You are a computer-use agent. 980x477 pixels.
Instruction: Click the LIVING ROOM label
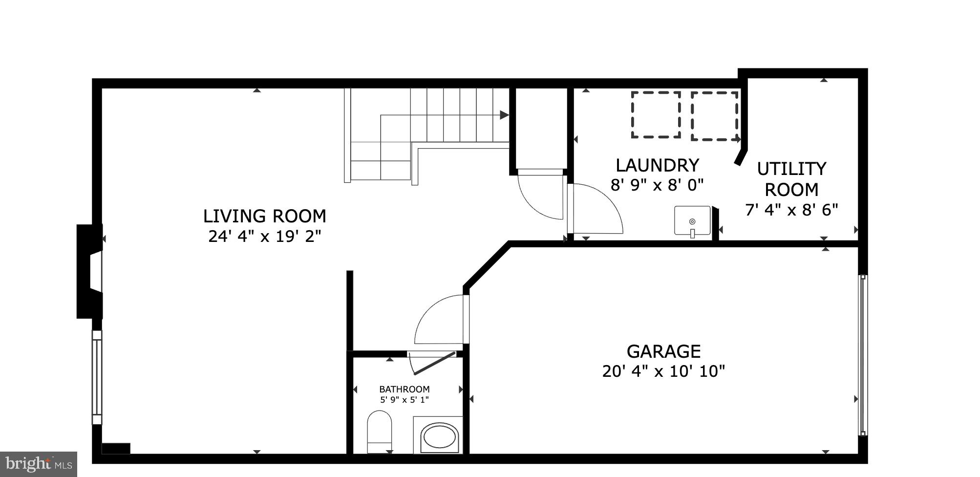pyautogui.click(x=264, y=216)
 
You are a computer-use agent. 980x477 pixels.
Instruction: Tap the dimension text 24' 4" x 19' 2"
pyautogui.click(x=264, y=237)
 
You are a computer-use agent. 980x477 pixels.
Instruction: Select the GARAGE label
pyautogui.click(x=663, y=351)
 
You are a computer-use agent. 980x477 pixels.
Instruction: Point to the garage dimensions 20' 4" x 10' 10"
pyautogui.click(x=663, y=371)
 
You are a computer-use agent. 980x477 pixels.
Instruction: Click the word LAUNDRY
pyautogui.click(x=657, y=165)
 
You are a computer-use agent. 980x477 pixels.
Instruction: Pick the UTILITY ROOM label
pyautogui.click(x=791, y=179)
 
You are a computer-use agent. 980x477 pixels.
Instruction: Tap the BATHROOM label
pyautogui.click(x=404, y=390)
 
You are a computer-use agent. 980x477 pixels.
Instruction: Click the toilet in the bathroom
pyautogui.click(x=379, y=431)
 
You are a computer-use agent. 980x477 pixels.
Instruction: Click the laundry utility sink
pyautogui.click(x=692, y=221)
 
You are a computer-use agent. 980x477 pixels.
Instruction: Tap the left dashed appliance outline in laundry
pyautogui.click(x=656, y=114)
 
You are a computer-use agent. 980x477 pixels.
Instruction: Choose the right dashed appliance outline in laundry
pyautogui.click(x=714, y=116)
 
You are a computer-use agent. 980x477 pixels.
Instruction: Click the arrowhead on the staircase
pyautogui.click(x=504, y=115)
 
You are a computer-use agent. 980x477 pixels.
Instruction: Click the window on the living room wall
pyautogui.click(x=97, y=377)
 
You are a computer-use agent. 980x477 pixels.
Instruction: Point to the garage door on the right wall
pyautogui.click(x=863, y=355)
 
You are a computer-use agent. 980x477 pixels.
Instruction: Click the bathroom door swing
pyautogui.click(x=432, y=363)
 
